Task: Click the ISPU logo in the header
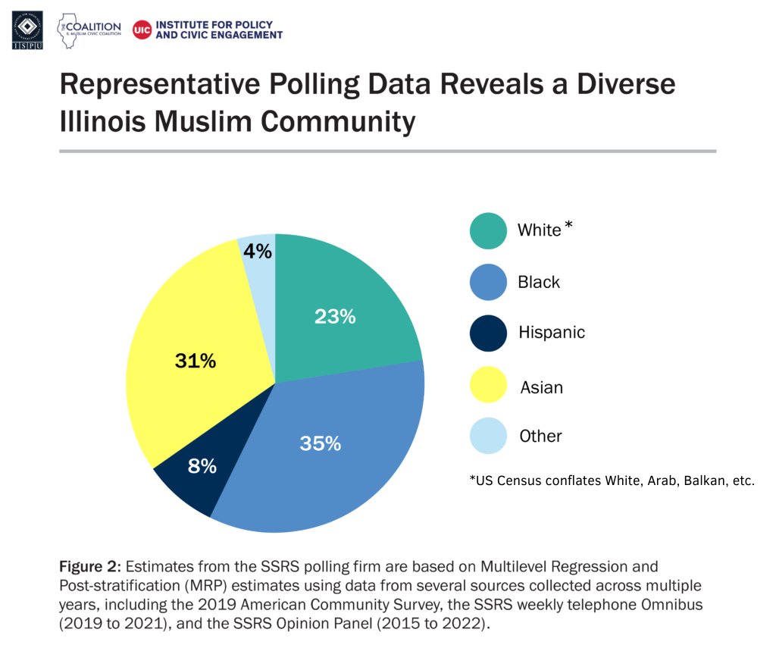coord(27,29)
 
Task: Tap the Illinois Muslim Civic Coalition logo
coord(89,30)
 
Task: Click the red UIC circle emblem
coord(141,30)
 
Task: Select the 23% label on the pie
coord(336,316)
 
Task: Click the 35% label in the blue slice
coord(320,443)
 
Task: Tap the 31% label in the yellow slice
coord(196,361)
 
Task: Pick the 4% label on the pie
coord(258,251)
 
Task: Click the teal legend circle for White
coord(488,230)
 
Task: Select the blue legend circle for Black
coord(488,282)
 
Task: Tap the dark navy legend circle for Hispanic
coord(488,333)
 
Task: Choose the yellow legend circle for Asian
coord(488,384)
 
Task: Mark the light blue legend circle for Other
coord(488,436)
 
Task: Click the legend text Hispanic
coord(552,332)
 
